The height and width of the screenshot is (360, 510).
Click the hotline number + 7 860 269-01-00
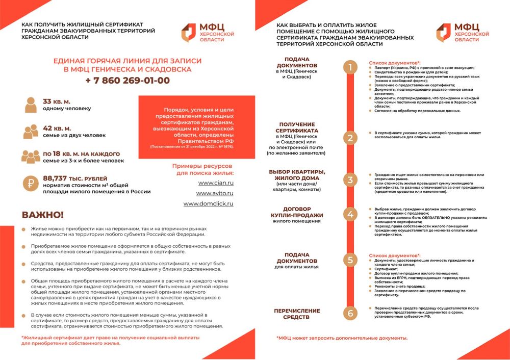[127, 81]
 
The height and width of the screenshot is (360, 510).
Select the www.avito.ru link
[215, 193]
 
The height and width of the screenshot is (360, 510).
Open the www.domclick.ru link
[209, 203]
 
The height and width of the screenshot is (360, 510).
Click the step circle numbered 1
[350, 67]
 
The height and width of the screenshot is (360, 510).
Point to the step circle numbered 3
[350, 179]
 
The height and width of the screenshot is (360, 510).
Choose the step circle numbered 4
[350, 214]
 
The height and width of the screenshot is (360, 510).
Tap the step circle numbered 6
[350, 313]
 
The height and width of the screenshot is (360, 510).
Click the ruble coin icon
[31, 184]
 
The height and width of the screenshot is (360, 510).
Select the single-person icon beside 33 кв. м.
[31, 105]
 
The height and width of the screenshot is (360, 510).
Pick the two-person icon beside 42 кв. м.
[31, 131]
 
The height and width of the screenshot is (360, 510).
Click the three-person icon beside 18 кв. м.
[31, 157]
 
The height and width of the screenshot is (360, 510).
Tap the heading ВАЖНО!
[43, 215]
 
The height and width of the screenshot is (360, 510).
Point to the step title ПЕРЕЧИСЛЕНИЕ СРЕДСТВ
[297, 314]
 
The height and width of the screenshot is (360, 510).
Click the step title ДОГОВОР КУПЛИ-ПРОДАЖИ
[297, 212]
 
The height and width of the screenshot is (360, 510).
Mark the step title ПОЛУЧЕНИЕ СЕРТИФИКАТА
[297, 127]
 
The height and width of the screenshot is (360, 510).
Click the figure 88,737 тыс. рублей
[75, 178]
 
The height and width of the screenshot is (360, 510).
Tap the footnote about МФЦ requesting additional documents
[342, 338]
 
